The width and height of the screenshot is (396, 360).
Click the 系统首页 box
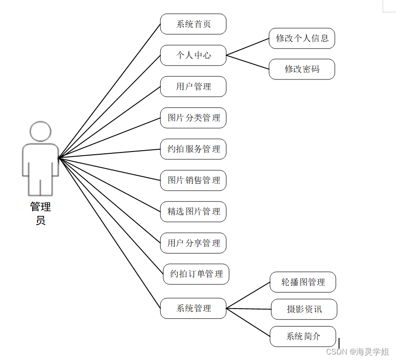[x=193, y=24]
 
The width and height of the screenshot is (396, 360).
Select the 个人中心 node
[x=193, y=55]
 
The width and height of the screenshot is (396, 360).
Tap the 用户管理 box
[x=193, y=86]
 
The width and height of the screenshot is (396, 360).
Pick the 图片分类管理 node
[x=193, y=118]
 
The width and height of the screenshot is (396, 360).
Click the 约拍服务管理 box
[x=193, y=149]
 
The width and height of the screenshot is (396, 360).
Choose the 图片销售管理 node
[x=193, y=180]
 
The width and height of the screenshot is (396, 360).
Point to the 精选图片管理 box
[x=193, y=211]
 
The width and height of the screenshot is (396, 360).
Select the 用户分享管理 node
[x=193, y=242]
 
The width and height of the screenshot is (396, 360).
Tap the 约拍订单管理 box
[x=196, y=274]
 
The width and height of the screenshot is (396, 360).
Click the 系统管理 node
[x=193, y=308]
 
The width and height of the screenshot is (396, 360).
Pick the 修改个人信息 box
[x=302, y=38]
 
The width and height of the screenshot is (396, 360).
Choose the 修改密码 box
[x=302, y=69]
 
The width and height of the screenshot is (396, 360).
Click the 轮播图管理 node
[x=303, y=282]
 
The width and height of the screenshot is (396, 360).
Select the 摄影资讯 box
[x=304, y=309]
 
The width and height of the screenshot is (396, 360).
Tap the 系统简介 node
[x=303, y=336]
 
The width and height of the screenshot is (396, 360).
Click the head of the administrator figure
[x=40, y=131]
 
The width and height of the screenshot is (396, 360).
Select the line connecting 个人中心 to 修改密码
[x=248, y=62]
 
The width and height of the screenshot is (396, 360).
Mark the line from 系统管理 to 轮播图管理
[x=249, y=295]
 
